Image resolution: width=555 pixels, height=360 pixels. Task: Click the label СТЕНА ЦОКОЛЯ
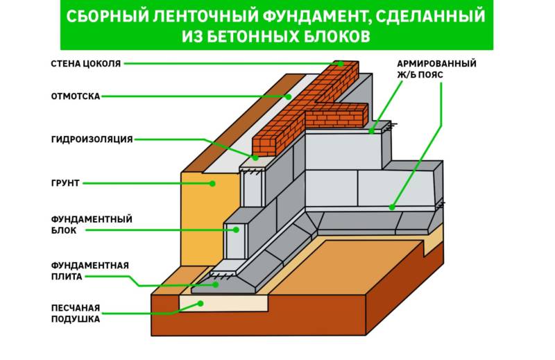86,63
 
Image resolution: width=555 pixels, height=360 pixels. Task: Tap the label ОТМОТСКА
76,96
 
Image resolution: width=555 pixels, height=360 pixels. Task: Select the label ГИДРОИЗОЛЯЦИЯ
92,139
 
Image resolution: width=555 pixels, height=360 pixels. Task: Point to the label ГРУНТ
65,183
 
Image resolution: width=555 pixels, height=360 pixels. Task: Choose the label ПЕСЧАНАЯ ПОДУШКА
75,313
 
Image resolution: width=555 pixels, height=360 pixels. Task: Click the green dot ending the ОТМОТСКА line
288,96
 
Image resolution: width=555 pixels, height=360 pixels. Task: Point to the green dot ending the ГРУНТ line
213,183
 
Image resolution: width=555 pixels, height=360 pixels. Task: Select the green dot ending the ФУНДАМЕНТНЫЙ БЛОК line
236,229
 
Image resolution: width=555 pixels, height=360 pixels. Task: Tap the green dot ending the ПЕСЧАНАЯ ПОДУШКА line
200,303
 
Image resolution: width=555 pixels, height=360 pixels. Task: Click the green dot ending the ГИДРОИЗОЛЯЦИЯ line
255,157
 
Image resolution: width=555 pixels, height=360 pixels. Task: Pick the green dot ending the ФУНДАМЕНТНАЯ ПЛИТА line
216,284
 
